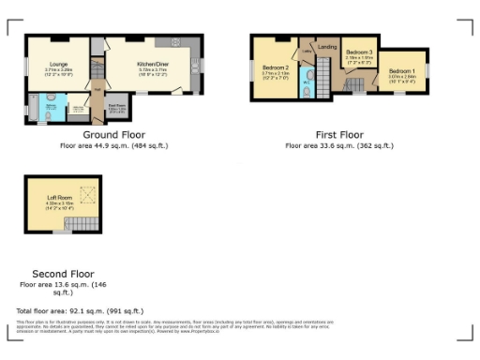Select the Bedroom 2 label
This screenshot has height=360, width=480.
click(x=275, y=67)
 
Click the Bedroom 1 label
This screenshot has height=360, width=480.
click(x=402, y=71)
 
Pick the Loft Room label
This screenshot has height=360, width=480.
click(x=59, y=197)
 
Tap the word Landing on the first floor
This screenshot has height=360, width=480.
click(x=327, y=46)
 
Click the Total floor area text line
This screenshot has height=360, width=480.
click(x=80, y=310)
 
